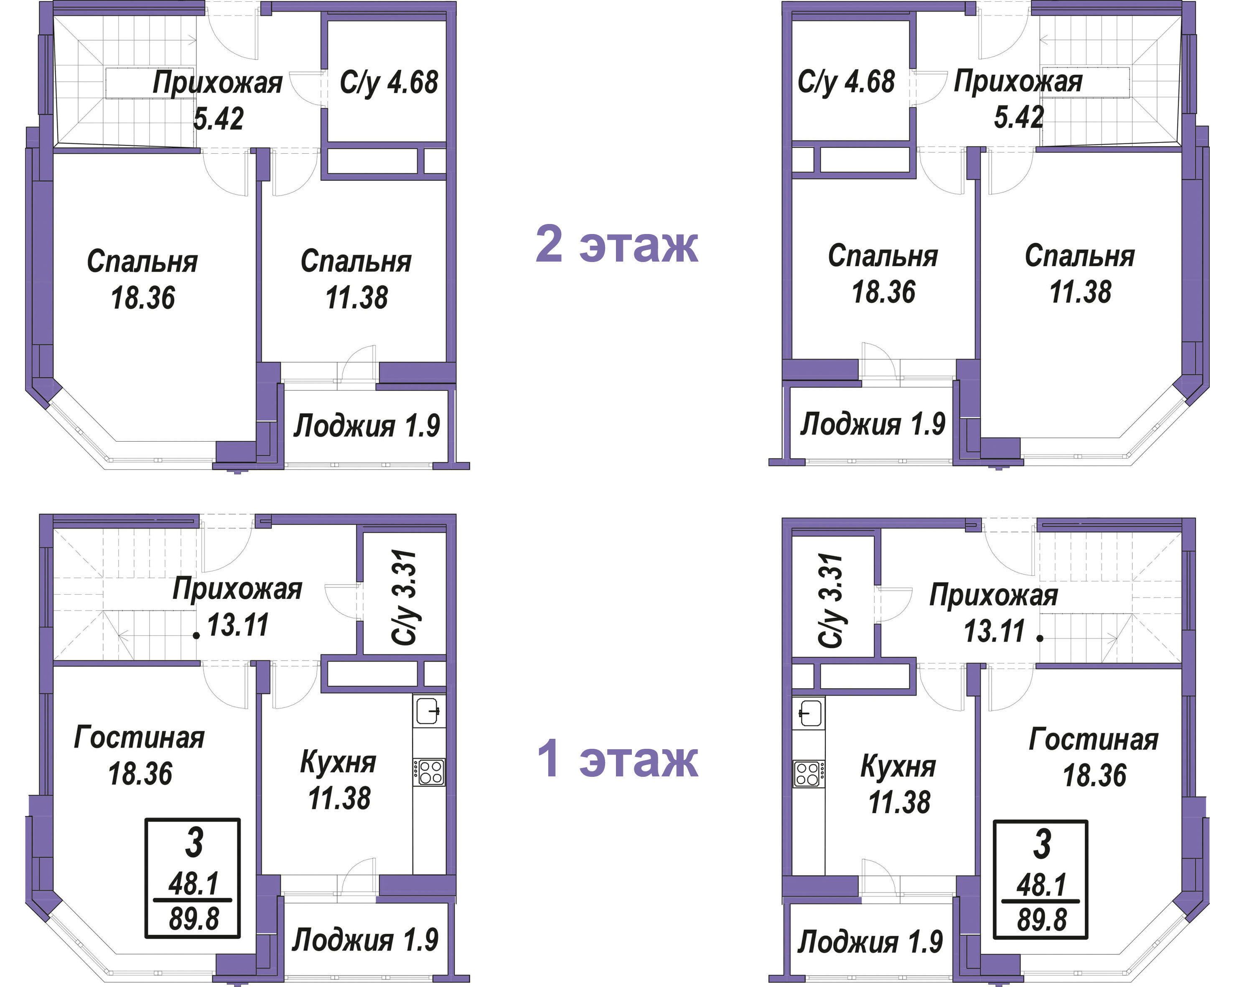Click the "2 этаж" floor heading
pyautogui.click(x=616, y=244)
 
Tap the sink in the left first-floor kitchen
pyautogui.click(x=429, y=711)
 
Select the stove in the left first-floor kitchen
pyautogui.click(x=429, y=771)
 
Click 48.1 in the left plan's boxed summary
pyautogui.click(x=193, y=884)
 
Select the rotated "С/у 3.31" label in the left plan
pyautogui.click(x=404, y=598)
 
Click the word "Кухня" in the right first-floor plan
pyautogui.click(x=898, y=767)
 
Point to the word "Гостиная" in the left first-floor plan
pyautogui.click(x=139, y=737)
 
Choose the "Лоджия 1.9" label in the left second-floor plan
pyautogui.click(x=367, y=426)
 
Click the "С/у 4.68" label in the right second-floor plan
pyautogui.click(x=846, y=82)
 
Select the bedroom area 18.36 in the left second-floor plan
pyautogui.click(x=142, y=298)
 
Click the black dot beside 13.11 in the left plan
pyautogui.click(x=196, y=636)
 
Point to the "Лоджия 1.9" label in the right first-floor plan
pyautogui.click(x=870, y=942)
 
